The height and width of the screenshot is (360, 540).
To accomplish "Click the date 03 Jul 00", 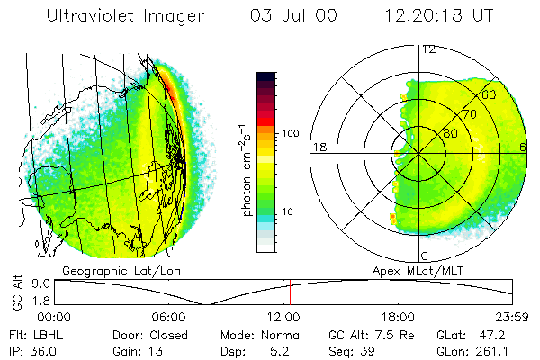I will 286,16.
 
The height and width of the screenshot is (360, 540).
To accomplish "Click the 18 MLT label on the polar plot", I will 318,147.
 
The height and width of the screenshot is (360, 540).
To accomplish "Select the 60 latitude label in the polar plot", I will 489,94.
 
